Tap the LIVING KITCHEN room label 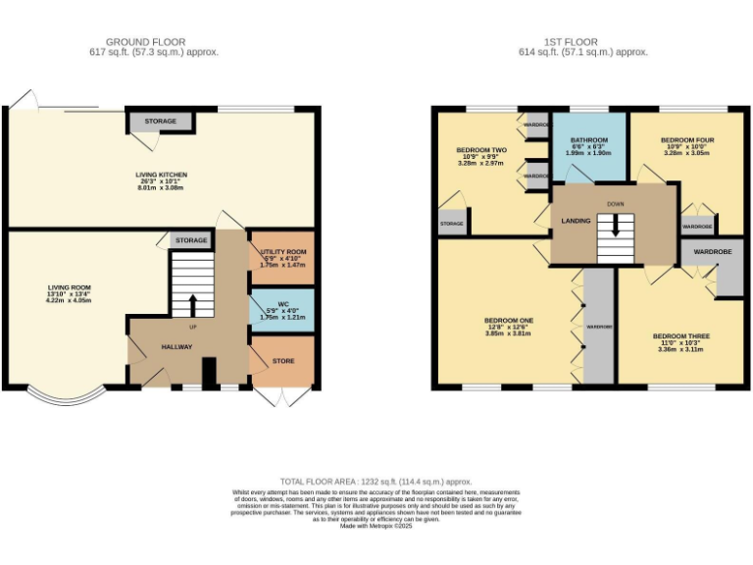point(161,175)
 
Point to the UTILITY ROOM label point(283,252)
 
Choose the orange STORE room point(282,361)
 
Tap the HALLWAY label point(177,346)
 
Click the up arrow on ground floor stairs point(193,303)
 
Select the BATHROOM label point(588,140)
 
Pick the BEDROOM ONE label point(508,321)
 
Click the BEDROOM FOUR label point(686,140)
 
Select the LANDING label point(576,221)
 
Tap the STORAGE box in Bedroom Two point(452,223)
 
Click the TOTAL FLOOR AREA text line point(376,482)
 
